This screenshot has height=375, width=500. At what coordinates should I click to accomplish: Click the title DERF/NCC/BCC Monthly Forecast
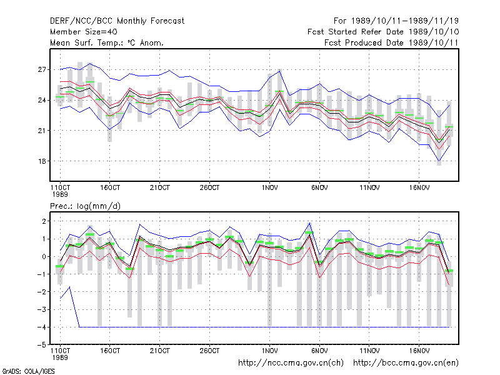[x=117, y=21]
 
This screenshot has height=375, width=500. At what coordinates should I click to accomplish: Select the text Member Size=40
[x=84, y=32]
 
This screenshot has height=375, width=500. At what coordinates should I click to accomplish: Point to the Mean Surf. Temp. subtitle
[x=107, y=42]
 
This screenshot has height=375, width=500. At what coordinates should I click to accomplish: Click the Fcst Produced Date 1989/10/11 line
[x=391, y=42]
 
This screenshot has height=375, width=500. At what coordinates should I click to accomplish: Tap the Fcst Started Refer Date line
[x=383, y=32]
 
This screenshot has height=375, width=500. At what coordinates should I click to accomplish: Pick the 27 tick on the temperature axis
[x=42, y=69]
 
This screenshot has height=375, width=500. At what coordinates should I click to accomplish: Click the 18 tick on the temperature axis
[x=42, y=161]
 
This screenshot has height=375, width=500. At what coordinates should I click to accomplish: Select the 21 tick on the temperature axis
[x=42, y=131]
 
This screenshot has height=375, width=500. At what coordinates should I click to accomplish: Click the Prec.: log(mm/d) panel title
[x=85, y=206]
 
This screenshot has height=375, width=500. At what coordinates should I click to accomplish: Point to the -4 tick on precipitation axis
[x=41, y=327]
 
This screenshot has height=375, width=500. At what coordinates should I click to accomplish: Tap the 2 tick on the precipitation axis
[x=44, y=221]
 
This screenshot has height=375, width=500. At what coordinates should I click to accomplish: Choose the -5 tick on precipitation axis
[x=41, y=345]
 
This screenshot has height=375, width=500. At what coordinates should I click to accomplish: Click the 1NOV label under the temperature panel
[x=269, y=188]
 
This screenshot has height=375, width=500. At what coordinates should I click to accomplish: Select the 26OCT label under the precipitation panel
[x=209, y=351]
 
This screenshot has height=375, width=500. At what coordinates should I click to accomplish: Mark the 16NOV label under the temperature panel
[x=419, y=188]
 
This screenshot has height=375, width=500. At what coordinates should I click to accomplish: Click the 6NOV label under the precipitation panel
[x=319, y=351]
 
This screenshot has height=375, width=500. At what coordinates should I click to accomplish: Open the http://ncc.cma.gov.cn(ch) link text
[x=291, y=363]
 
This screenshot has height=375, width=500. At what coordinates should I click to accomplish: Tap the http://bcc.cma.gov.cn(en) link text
[x=406, y=363]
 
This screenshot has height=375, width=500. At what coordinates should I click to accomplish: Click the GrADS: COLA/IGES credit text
[x=28, y=371]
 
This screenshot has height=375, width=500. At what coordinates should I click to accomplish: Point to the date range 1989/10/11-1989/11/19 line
[x=396, y=21]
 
